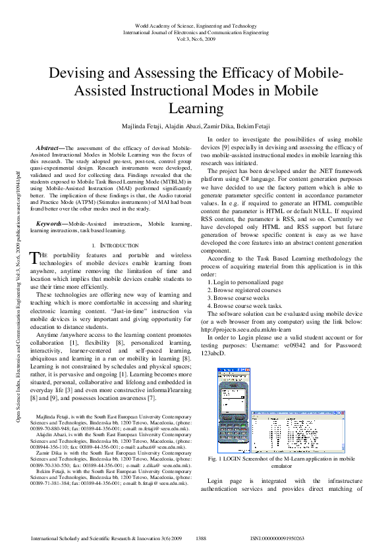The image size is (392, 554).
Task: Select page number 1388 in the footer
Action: pyautogui.click(x=202, y=538)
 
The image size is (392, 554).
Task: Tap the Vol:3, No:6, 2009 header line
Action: pyautogui.click(x=196, y=39)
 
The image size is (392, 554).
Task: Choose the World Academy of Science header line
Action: pyautogui.click(x=196, y=24)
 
